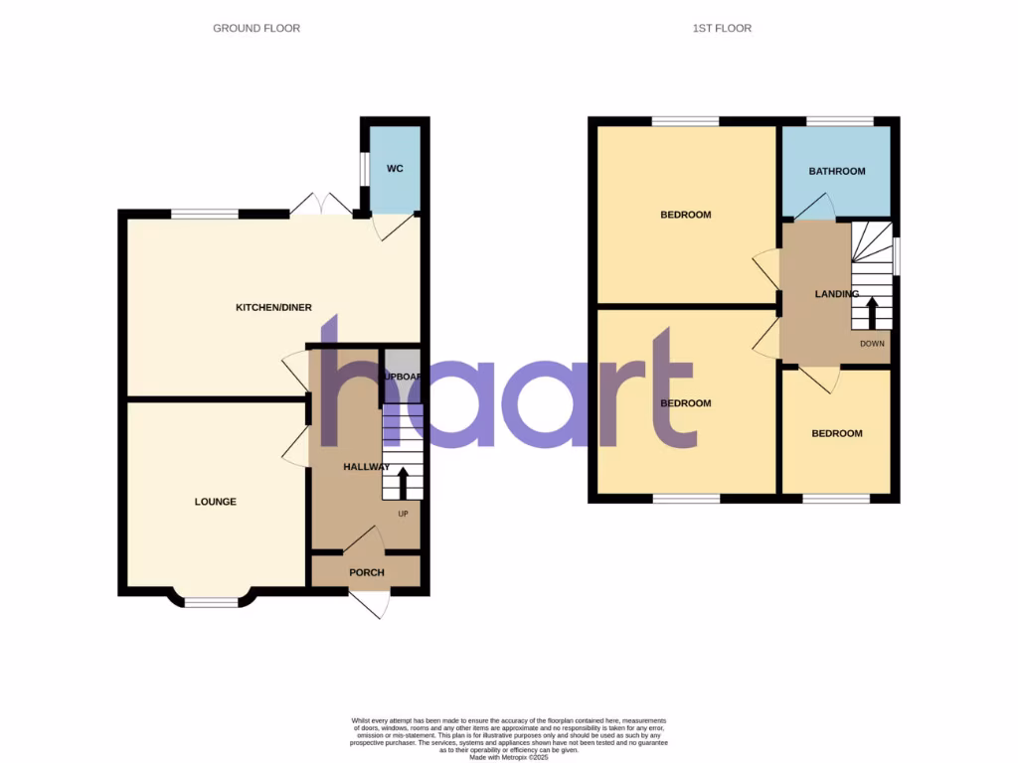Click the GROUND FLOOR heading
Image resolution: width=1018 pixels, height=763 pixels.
point(256,29)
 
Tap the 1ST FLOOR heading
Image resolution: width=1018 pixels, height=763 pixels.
point(722,29)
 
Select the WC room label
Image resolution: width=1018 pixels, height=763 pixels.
point(395,169)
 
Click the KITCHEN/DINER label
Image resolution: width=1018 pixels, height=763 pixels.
point(273,308)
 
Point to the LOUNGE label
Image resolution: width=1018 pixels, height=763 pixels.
point(215,502)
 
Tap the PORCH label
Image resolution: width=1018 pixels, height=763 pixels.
point(366,572)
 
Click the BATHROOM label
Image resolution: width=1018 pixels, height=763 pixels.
point(836,171)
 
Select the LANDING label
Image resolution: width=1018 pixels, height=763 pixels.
point(836,294)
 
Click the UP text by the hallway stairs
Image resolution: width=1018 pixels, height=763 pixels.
point(403,514)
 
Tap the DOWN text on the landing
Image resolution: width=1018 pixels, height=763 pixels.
point(872,344)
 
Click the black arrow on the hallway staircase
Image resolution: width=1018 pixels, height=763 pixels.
point(403,484)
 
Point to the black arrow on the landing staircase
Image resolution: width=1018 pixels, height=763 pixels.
point(872,313)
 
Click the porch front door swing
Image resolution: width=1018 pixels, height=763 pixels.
point(371,603)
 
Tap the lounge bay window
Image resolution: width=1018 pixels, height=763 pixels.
point(213,600)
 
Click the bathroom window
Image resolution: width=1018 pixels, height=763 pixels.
point(839,121)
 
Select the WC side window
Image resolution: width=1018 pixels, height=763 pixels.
point(364,179)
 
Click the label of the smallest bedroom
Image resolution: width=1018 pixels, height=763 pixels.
point(836,433)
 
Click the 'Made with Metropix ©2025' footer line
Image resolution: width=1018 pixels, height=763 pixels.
point(509,757)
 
